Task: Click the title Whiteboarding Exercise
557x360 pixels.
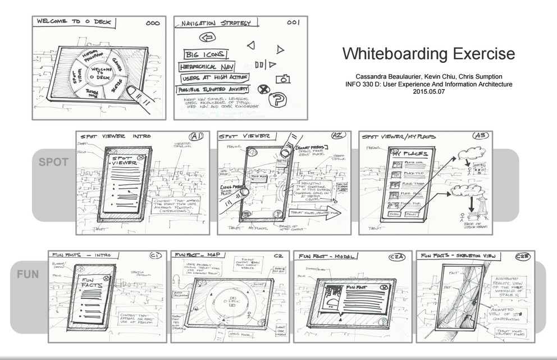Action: coord(428,54)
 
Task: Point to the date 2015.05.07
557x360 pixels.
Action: coord(428,92)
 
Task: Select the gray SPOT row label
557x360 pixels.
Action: coord(53,162)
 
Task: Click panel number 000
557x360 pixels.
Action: coord(153,24)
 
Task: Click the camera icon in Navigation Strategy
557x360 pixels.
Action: coord(282,79)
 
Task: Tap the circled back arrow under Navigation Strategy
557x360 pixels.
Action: coord(209,38)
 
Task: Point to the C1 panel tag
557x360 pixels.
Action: coord(155,256)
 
